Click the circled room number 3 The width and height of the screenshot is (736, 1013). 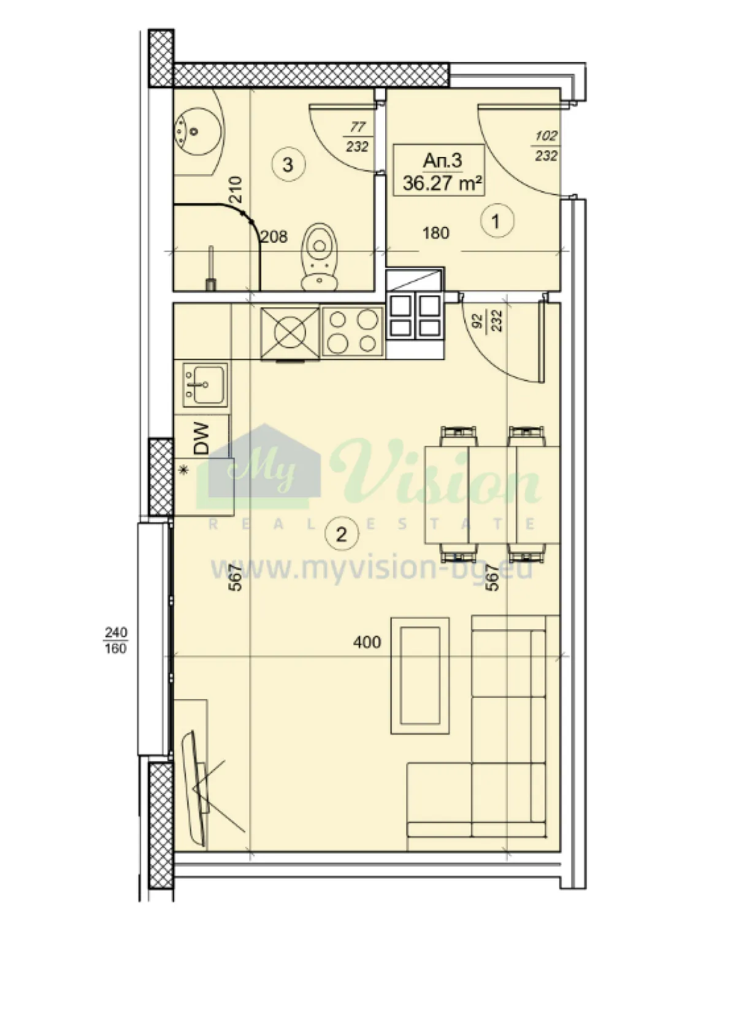click(x=287, y=164)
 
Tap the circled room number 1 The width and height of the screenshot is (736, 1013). click(x=496, y=221)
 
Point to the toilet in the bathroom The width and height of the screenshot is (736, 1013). click(x=320, y=256)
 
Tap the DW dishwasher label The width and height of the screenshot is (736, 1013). click(x=201, y=438)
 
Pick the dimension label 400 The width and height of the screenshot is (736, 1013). click(x=367, y=642)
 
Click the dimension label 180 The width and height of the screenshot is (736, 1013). click(x=435, y=234)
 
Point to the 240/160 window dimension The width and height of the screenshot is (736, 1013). click(x=116, y=640)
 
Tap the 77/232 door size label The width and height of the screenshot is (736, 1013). click(x=358, y=137)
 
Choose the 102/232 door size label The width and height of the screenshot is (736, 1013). click(x=546, y=145)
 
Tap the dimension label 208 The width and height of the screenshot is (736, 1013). click(x=274, y=237)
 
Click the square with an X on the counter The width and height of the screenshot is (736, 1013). click(x=290, y=334)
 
